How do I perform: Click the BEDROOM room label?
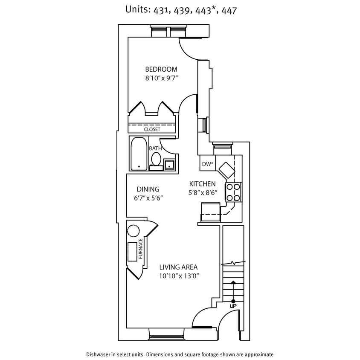(161, 69)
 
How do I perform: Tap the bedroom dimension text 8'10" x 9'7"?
(161, 78)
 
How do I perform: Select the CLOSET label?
(152, 129)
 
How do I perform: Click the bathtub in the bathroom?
(138, 154)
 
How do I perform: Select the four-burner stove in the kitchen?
(233, 192)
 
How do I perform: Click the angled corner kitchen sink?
(226, 171)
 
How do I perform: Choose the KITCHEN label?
(203, 184)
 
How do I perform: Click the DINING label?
(148, 189)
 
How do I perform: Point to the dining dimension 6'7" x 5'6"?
(148, 198)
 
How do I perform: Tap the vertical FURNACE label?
(140, 249)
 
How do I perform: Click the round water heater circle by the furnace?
(134, 231)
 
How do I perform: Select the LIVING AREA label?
(178, 267)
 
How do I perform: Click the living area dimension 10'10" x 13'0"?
(179, 276)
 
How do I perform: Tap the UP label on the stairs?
(233, 306)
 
